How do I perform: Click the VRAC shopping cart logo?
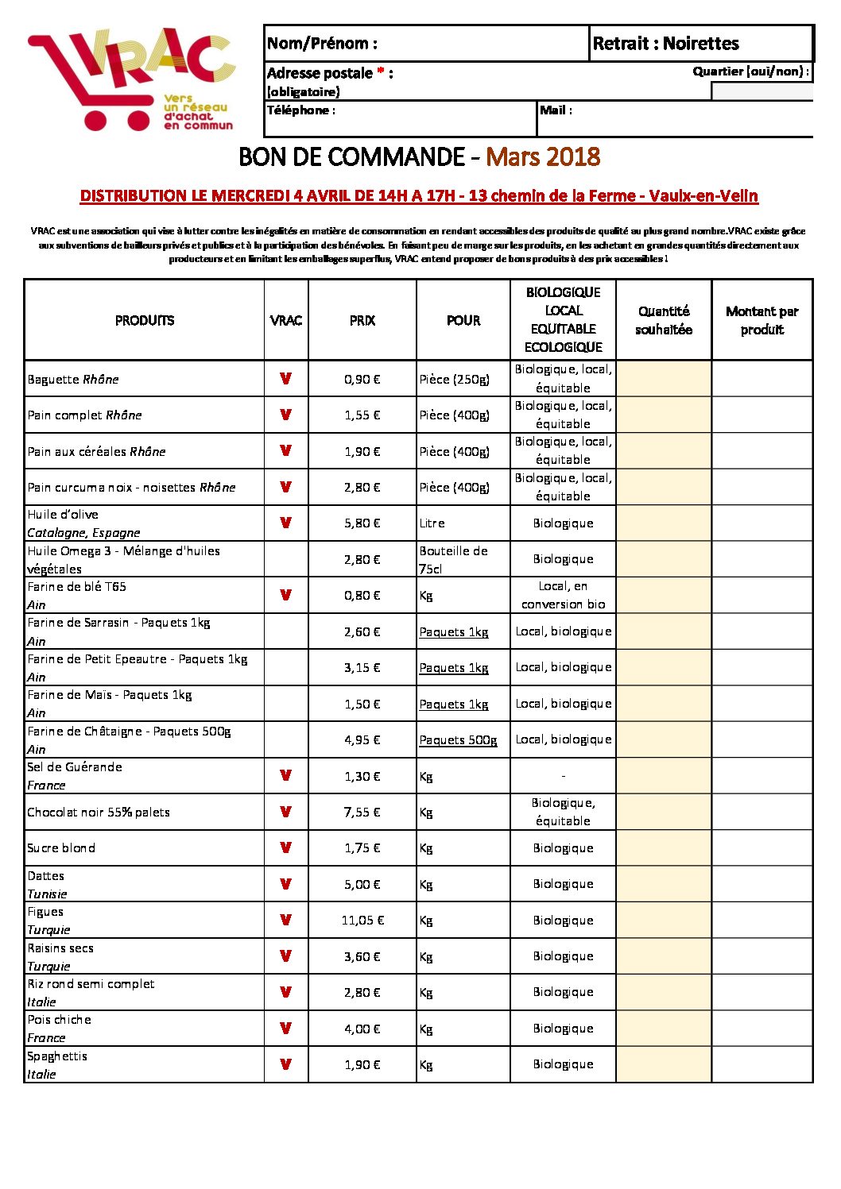click(x=131, y=79)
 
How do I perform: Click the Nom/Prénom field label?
click(x=322, y=43)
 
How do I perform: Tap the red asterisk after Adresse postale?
click(x=381, y=72)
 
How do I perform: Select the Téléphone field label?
click(x=300, y=110)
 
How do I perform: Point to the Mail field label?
click(x=556, y=110)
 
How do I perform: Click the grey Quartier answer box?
click(x=762, y=91)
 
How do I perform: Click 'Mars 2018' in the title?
click(x=543, y=156)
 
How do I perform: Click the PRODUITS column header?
click(x=144, y=320)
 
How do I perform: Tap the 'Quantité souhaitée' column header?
click(x=663, y=320)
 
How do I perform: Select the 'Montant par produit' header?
click(x=762, y=320)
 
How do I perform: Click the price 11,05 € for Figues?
click(x=362, y=921)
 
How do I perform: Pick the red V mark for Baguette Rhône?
click(x=285, y=379)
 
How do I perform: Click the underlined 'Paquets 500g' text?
click(x=458, y=740)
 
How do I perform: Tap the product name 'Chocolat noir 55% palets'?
click(x=99, y=812)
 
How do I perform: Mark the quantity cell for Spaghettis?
click(x=663, y=1064)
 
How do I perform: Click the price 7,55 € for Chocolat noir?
click(x=362, y=812)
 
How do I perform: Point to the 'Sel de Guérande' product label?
click(x=75, y=767)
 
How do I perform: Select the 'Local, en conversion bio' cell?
click(x=563, y=595)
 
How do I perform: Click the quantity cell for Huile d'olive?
click(x=663, y=523)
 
